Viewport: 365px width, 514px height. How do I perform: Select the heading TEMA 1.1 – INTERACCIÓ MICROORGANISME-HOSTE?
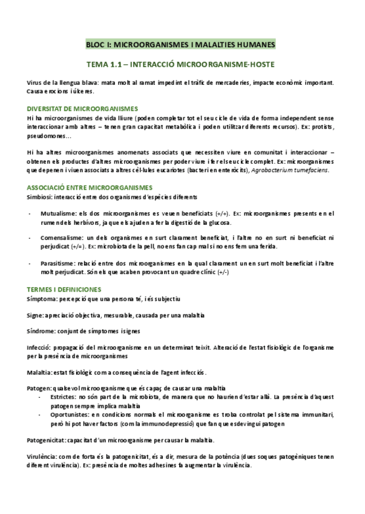(181, 64)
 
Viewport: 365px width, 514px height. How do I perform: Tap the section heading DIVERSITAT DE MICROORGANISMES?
(82, 108)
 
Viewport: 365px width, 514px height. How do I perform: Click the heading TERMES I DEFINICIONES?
(64, 290)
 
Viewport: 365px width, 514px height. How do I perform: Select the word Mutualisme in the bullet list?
(58, 213)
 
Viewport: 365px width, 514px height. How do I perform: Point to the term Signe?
(36, 315)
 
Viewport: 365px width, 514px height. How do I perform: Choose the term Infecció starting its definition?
(39, 348)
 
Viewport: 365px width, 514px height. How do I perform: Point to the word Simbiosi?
(39, 197)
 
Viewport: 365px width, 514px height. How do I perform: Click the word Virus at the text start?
(35, 82)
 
